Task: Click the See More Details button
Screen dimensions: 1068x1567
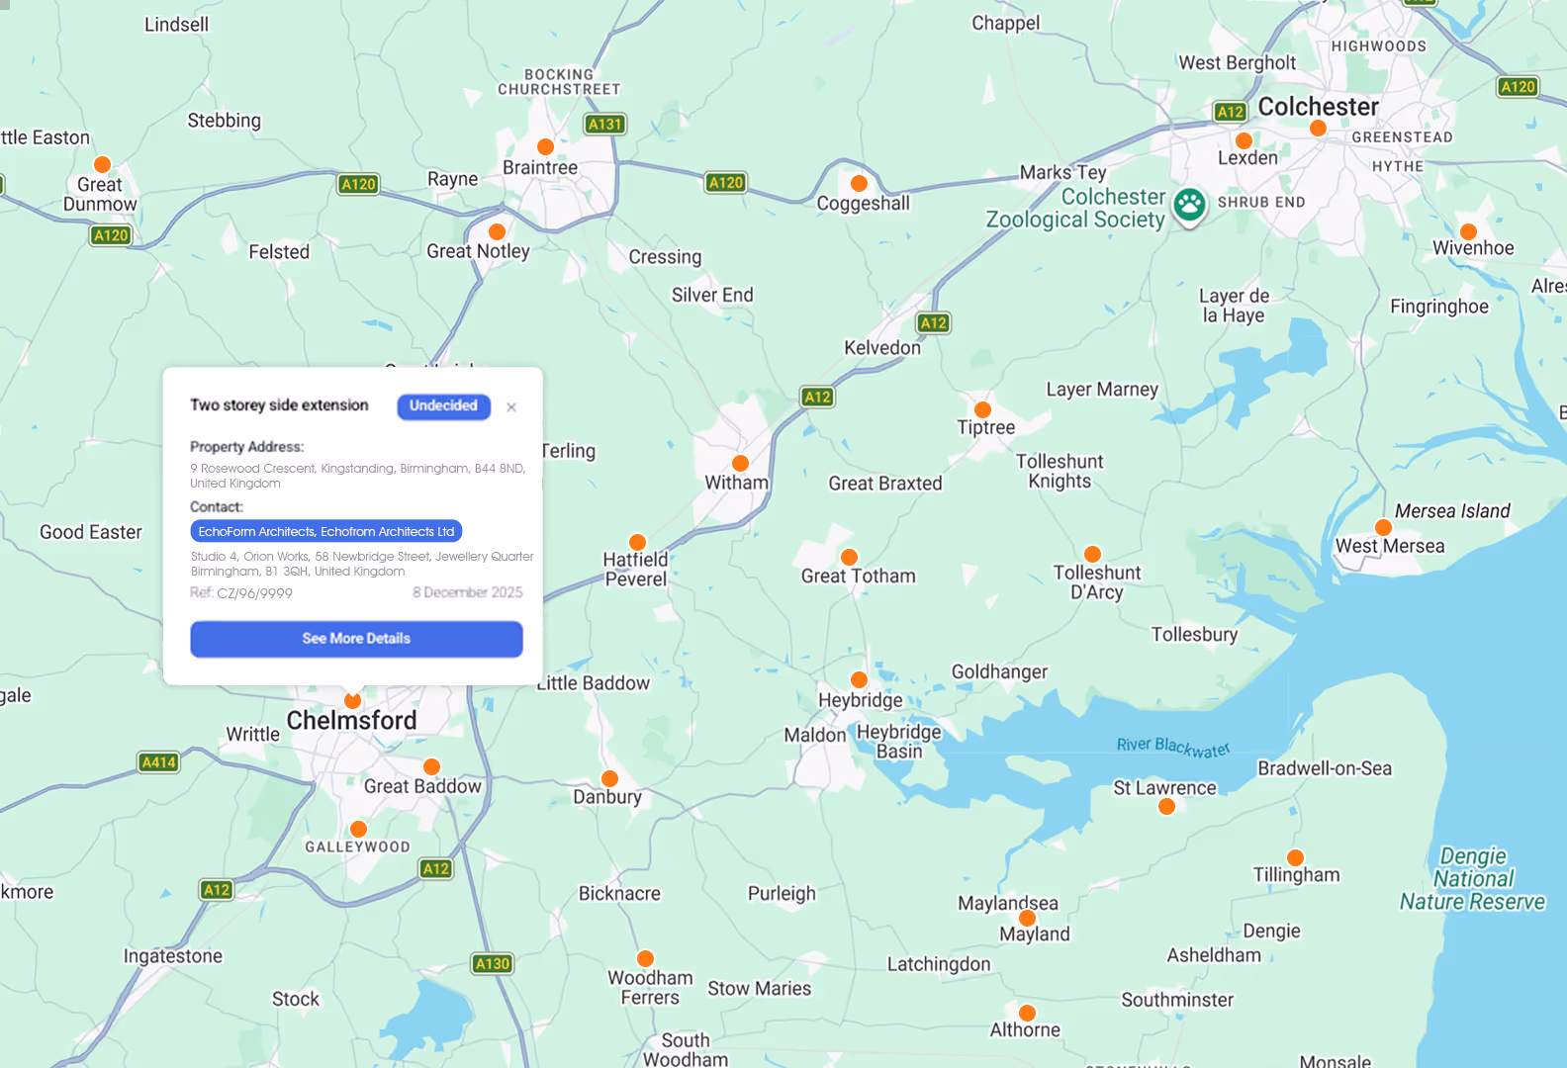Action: pos(356,639)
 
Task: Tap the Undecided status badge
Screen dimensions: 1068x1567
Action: pos(443,406)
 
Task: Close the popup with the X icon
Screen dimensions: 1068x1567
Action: pos(511,407)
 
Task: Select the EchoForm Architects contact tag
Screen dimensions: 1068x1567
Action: pos(325,532)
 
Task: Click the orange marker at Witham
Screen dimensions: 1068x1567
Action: pos(740,463)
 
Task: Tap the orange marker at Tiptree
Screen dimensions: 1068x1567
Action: pos(982,409)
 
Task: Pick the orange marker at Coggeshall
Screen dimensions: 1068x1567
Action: pos(859,183)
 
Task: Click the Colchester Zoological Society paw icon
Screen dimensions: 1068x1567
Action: pos(1189,205)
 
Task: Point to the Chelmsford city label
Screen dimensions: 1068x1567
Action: pos(351,721)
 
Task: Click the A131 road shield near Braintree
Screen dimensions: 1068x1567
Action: pos(604,125)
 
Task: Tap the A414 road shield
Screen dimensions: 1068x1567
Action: pos(158,762)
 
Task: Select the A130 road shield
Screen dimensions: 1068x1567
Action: pos(492,964)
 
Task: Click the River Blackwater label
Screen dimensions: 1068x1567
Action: pos(1173,748)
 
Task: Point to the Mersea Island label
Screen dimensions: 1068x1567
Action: pos(1452,511)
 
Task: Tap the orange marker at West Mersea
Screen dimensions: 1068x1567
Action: pos(1383,527)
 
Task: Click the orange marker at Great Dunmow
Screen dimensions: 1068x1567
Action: pos(102,164)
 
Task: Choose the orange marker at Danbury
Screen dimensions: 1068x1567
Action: pos(609,778)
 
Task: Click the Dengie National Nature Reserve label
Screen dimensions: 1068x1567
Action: pos(1472,879)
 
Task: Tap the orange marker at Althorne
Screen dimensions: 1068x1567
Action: pos(1027,1013)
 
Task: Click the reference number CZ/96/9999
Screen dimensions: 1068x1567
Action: pos(254,593)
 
